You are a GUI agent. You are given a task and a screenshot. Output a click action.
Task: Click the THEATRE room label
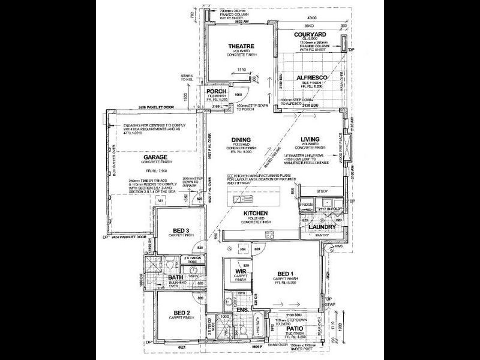click(x=241, y=46)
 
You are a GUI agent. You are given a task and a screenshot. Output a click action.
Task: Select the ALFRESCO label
click(x=310, y=78)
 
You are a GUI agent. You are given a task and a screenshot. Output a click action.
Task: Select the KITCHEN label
click(x=255, y=214)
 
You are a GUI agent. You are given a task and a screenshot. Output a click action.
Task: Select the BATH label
click(x=175, y=278)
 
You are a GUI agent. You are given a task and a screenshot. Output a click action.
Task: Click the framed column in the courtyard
click(x=343, y=43)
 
